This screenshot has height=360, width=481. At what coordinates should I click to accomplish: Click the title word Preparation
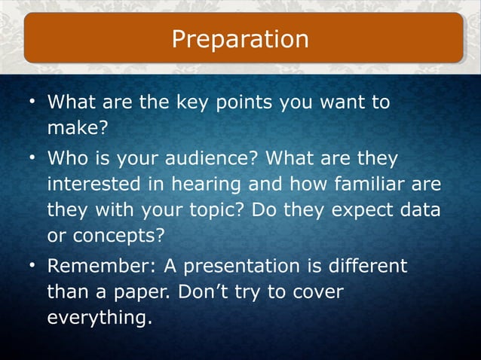tap(240, 38)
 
